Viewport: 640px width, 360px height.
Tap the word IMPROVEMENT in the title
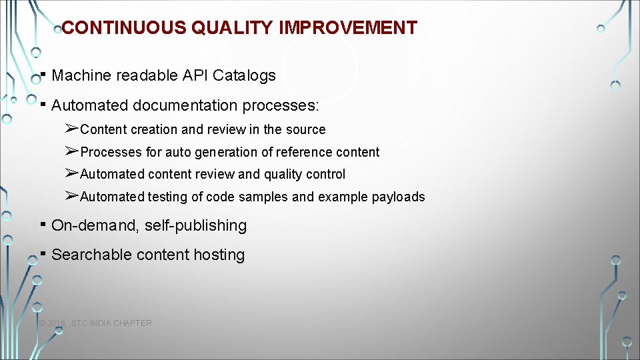pyautogui.click(x=348, y=28)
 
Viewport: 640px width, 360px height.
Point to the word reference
pyautogui.click(x=301, y=153)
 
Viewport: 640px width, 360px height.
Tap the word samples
pyautogui.click(x=267, y=197)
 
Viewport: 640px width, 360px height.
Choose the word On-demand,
pyautogui.click(x=95, y=226)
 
